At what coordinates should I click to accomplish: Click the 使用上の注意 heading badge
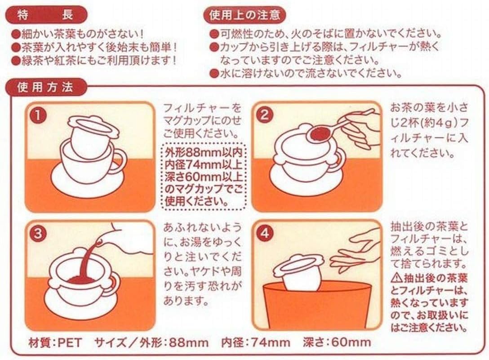244,15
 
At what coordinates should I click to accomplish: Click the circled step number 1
38,116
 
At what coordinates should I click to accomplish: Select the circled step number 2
264,116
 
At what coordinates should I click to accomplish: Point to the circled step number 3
38,234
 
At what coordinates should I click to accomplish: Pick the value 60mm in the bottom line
351,342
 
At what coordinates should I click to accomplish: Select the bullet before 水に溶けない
213,74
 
